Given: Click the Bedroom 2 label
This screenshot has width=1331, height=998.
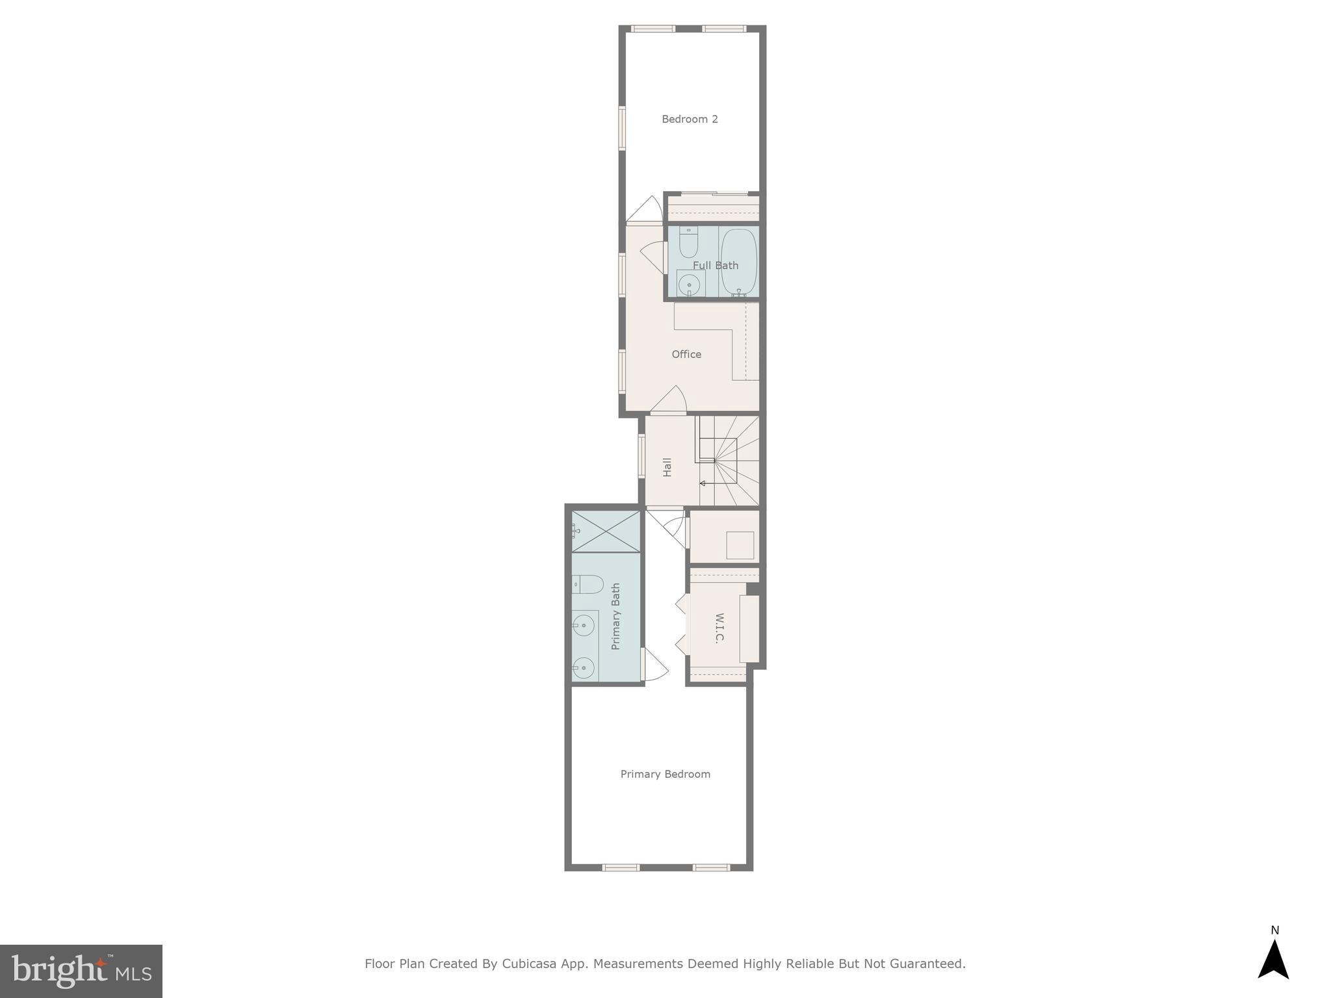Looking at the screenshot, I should [690, 119].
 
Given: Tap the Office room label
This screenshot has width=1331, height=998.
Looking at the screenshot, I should [686, 354].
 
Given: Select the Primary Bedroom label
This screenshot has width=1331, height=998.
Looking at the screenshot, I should [665, 774].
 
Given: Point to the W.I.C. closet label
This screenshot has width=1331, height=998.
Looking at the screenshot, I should [719, 628].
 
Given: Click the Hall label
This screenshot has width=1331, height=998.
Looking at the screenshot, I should [667, 467].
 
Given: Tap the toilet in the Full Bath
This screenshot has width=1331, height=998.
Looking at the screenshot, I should [688, 243].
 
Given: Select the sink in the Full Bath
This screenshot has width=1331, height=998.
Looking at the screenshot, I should [689, 285].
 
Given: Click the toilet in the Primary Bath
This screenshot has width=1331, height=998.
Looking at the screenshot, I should [588, 585].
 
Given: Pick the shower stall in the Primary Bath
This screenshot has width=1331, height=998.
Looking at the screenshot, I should [606, 531].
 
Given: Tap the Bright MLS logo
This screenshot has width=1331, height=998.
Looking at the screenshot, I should [81, 971].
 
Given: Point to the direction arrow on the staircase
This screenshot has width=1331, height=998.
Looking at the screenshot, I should [703, 483].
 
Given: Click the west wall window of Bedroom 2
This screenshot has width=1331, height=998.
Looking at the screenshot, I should [622, 128].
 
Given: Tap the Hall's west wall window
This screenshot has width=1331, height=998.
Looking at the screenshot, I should [641, 456].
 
